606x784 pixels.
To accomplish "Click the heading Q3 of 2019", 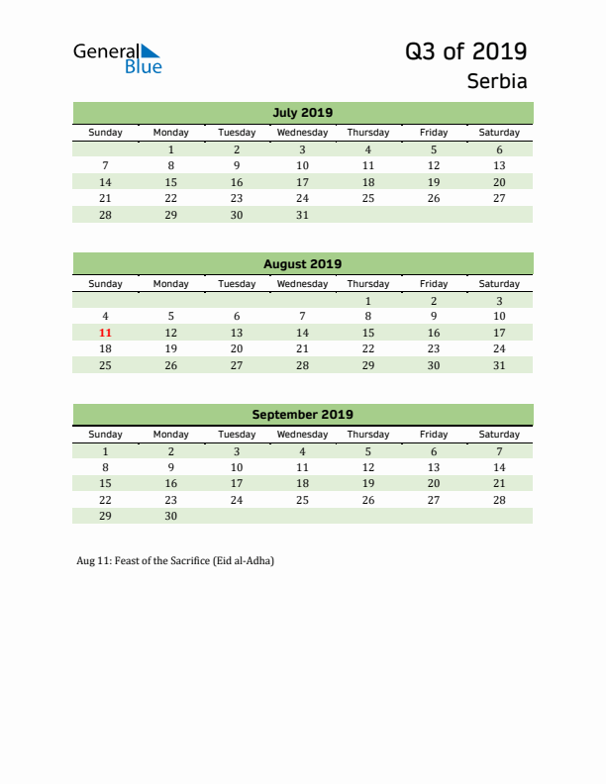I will (465, 50).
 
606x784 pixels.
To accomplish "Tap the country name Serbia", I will (497, 81).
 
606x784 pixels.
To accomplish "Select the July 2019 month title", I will (302, 112).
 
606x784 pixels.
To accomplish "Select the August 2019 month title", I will (302, 263).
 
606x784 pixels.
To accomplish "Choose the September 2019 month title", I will (302, 415).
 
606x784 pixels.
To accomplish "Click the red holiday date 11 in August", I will (106, 333).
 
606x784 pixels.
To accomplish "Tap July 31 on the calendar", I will (302, 214).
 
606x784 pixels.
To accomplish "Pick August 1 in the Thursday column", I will (368, 300).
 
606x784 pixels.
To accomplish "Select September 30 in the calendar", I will (170, 516).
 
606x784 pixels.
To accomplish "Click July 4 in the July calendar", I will (368, 149).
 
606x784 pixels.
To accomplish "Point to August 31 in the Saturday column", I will (499, 365).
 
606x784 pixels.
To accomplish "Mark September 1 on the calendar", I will (106, 451).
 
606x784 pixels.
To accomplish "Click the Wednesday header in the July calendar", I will (302, 133).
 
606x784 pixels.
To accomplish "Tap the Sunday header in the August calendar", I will (106, 284).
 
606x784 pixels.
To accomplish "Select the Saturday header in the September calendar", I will (499, 435).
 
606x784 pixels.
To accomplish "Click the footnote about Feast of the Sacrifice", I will (175, 561).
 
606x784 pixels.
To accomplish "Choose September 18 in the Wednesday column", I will (302, 483).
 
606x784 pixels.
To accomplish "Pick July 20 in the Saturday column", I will (499, 182).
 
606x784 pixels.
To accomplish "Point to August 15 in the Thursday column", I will (368, 333).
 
